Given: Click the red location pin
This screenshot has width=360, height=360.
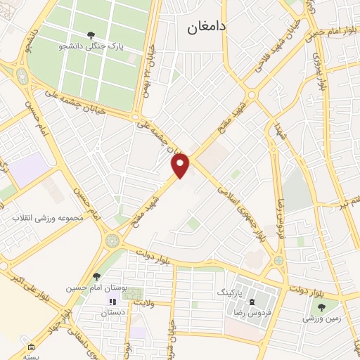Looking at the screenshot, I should [181, 165].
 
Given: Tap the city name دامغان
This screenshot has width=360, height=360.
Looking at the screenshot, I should [205, 27].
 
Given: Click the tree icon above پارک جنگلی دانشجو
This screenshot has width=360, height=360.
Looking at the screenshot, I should [90, 34].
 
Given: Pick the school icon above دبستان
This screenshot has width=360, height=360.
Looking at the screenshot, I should [110, 302].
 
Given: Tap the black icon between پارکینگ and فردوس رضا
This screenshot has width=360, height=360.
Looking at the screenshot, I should [252, 300].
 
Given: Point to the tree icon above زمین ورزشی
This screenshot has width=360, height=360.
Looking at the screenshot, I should [322, 307].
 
